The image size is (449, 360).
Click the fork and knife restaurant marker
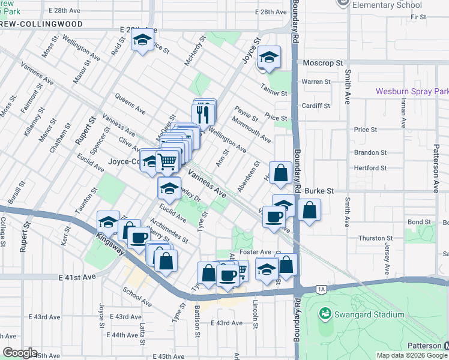[203, 113]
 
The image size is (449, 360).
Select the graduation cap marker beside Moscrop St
[270, 58]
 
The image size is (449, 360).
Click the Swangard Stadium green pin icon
[325, 313]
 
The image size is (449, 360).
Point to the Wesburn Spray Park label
[412, 92]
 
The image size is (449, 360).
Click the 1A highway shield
[322, 290]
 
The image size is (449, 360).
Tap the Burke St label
[319, 191]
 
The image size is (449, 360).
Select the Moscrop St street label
[322, 62]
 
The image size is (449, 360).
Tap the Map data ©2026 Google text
[412, 355]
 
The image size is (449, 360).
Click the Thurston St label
[375, 238]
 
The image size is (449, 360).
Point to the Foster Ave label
[256, 252]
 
